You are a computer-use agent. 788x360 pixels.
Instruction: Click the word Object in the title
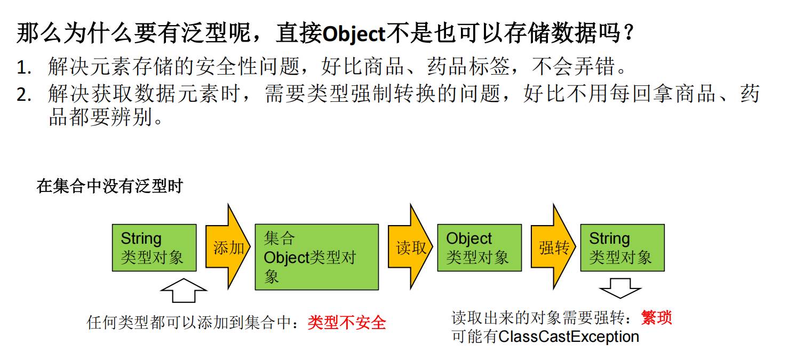(x=354, y=34)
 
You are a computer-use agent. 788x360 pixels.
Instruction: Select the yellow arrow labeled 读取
(x=410, y=247)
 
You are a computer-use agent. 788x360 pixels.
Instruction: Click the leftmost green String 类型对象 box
(x=154, y=247)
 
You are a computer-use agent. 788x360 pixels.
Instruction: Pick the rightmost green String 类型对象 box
(x=622, y=247)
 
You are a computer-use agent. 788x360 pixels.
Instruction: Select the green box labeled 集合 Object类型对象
(x=316, y=257)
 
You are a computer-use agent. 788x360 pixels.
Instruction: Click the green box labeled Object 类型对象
(x=479, y=247)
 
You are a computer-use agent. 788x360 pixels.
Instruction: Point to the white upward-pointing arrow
(x=183, y=291)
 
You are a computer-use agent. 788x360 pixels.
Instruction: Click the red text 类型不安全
(x=347, y=322)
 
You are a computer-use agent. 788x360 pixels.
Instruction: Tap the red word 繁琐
(x=657, y=318)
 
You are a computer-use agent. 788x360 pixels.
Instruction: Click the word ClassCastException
(x=569, y=337)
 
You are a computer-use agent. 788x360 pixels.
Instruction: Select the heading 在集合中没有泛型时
(x=110, y=186)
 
